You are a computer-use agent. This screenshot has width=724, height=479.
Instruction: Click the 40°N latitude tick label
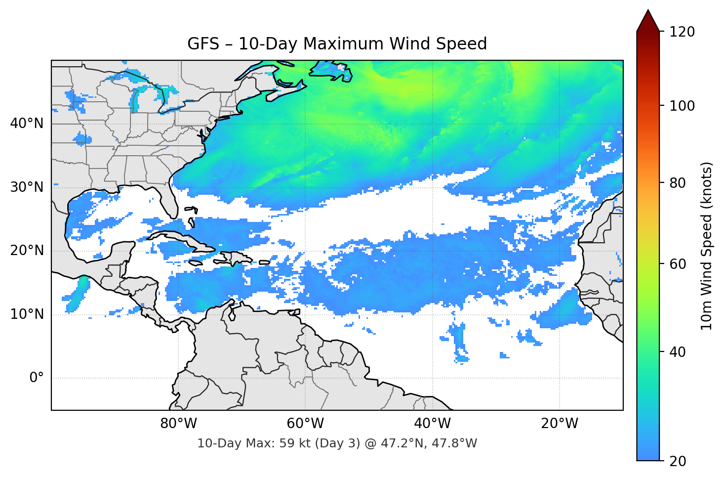27,124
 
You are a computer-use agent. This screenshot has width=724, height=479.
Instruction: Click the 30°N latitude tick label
27,187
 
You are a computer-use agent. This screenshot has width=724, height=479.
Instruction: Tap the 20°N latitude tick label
27,251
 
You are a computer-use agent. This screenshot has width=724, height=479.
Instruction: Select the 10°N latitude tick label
27,314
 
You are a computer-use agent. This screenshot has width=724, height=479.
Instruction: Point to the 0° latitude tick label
37,378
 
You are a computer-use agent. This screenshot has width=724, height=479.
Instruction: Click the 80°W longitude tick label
178,424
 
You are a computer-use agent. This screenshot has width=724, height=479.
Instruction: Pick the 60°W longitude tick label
305,424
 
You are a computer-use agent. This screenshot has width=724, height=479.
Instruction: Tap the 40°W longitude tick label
432,424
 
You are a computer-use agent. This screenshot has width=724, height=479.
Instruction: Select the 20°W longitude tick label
559,424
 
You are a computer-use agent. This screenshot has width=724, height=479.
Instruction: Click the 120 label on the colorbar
682,32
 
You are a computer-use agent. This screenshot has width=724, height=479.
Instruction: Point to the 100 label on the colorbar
682,106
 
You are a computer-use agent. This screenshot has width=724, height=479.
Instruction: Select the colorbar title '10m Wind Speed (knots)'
707,246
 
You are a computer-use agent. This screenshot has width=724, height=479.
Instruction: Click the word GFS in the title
203,44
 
